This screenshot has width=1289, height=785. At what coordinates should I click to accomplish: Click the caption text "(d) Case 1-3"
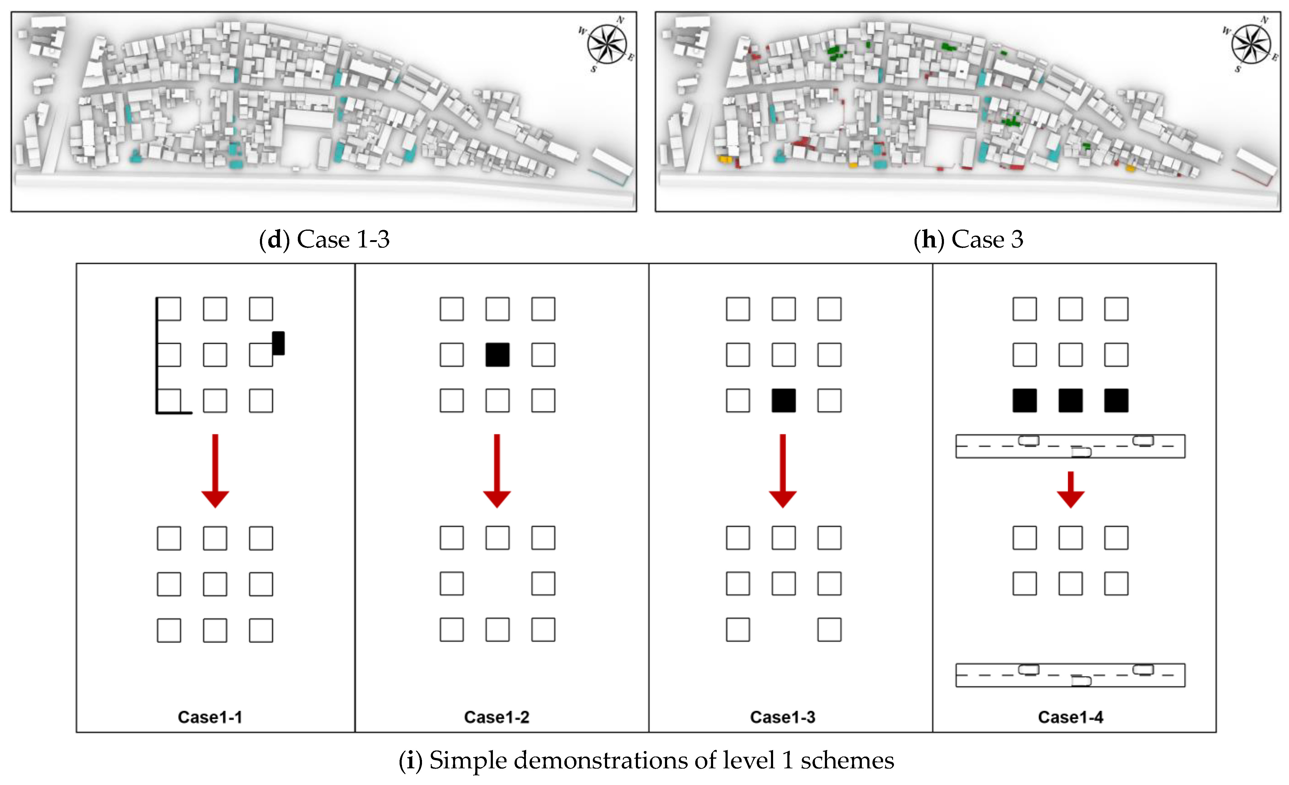tap(324, 240)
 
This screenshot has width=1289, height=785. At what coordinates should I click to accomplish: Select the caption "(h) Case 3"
tap(968, 240)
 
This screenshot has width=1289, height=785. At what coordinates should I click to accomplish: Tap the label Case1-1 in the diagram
tap(210, 717)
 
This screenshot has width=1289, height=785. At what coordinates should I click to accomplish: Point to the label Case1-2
tap(497, 717)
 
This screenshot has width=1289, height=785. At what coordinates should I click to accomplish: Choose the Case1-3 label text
tap(782, 717)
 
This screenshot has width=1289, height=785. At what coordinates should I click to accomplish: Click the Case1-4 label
tap(1070, 717)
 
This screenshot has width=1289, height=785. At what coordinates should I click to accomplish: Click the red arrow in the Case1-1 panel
tap(215, 471)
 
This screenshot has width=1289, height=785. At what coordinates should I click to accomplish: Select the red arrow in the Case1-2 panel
tap(497, 471)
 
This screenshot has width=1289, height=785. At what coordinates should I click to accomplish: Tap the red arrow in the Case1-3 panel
tap(782, 471)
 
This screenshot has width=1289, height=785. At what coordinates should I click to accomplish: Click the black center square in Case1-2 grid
tap(497, 355)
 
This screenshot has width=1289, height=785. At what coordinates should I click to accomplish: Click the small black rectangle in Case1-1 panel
tap(278, 343)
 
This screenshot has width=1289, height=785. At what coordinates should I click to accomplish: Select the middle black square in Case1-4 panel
tap(1070, 401)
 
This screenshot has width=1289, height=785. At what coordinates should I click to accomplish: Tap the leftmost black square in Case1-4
tap(1024, 401)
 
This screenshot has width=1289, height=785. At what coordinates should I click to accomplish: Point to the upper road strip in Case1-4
tap(1070, 446)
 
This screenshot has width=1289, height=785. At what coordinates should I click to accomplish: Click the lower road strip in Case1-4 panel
tap(1070, 675)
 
